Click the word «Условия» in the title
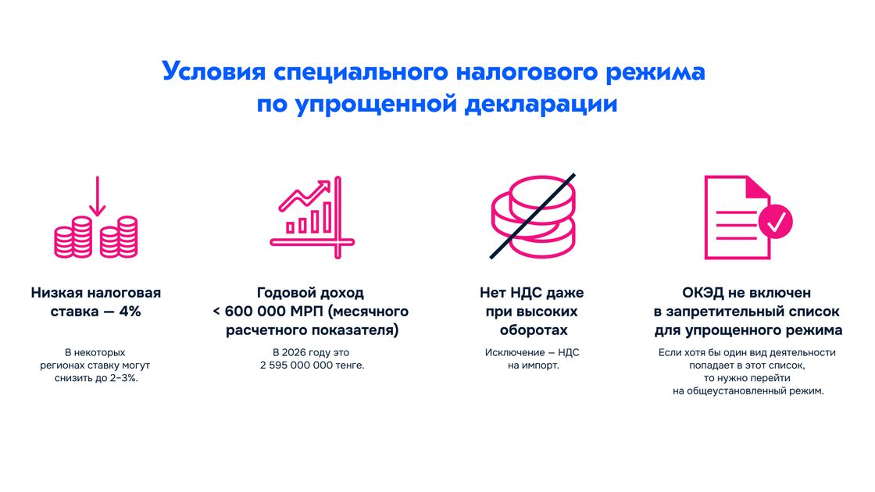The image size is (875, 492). (213, 72)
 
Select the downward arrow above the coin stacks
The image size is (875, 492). (97, 196)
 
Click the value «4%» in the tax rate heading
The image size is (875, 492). (130, 312)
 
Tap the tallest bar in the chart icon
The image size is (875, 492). (327, 217)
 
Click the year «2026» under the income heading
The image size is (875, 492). (294, 352)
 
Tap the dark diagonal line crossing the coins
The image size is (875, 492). (532, 216)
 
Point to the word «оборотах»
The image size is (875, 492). (534, 330)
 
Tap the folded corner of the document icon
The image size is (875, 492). (759, 187)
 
